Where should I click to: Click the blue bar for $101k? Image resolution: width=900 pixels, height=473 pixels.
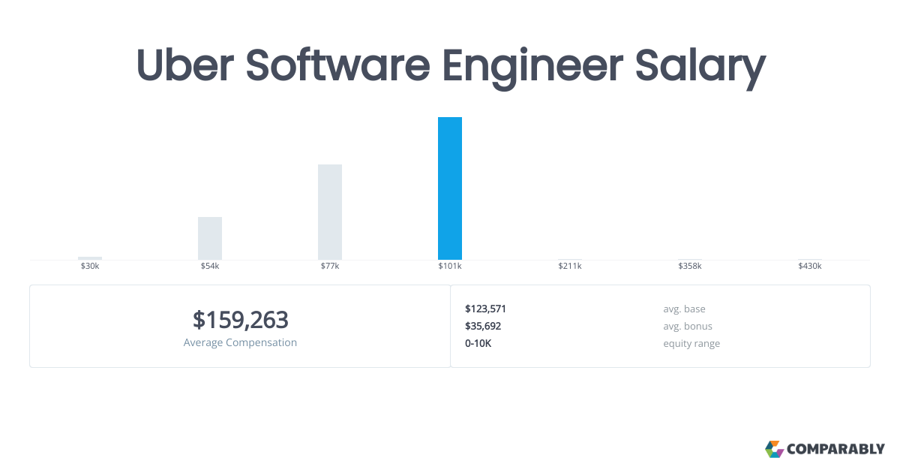click(x=449, y=188)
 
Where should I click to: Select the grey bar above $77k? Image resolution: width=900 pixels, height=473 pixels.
click(x=330, y=212)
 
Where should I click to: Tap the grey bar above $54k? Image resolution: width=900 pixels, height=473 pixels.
click(x=210, y=238)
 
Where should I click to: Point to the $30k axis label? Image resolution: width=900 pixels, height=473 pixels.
click(x=89, y=266)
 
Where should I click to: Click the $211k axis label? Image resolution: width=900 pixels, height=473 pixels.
click(x=570, y=266)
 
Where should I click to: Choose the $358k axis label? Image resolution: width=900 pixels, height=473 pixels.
click(x=690, y=266)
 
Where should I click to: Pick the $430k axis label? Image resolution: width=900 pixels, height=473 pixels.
click(x=809, y=266)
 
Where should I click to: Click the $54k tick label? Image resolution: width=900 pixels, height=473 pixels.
click(x=210, y=266)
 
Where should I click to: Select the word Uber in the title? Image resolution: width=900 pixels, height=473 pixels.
click(x=184, y=65)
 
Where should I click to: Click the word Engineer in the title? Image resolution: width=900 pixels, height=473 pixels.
click(x=532, y=68)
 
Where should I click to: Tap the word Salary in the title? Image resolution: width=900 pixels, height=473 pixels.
click(x=700, y=68)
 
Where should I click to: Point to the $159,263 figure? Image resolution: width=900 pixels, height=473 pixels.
click(x=240, y=320)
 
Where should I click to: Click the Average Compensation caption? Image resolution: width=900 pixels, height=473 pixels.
click(x=240, y=342)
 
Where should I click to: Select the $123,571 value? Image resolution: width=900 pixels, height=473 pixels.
click(x=485, y=309)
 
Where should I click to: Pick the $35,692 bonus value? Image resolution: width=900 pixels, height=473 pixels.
click(x=483, y=326)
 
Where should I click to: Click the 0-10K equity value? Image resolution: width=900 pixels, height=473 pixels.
click(x=478, y=343)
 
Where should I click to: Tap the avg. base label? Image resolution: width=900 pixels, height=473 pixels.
click(x=684, y=309)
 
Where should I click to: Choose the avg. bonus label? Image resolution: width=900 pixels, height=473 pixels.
click(x=688, y=326)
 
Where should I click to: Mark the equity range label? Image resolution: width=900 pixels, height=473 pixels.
click(x=691, y=344)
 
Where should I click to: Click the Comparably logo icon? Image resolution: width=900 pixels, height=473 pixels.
click(x=774, y=449)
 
